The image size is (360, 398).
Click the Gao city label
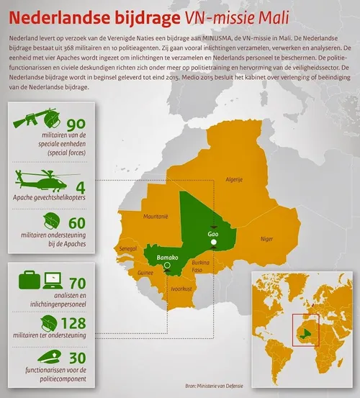[x=212, y=234]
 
